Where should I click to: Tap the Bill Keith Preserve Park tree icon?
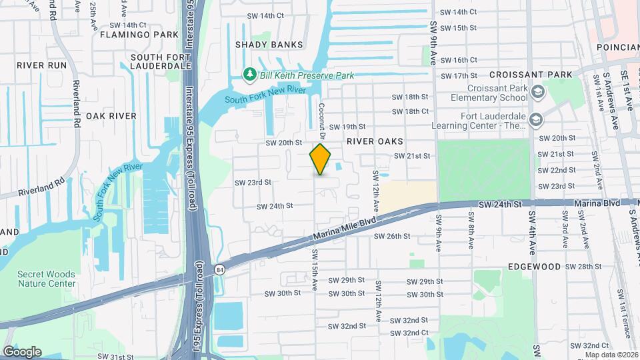[x=250, y=74]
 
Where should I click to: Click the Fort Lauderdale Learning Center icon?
[x=536, y=119]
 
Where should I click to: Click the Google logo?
[x=22, y=351]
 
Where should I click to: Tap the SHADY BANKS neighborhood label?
[x=269, y=45]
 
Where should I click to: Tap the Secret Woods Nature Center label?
[x=47, y=279]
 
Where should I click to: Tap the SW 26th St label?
[x=390, y=236]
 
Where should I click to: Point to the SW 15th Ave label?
[x=314, y=269]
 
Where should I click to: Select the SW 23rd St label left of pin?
[x=253, y=182]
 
